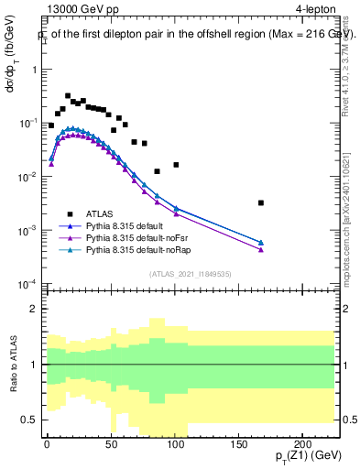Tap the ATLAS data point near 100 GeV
coord(176,165)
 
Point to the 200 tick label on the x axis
coord(305,444)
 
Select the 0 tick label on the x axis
coord(46,444)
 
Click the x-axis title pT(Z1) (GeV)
coord(302,457)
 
